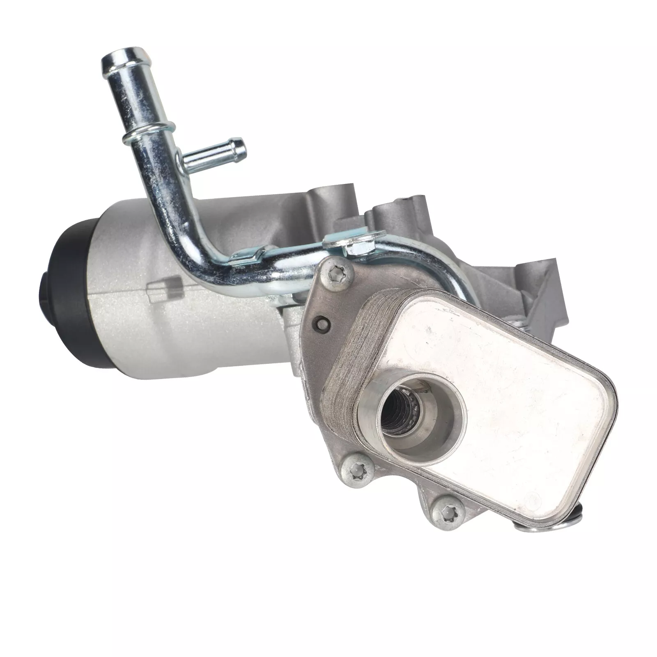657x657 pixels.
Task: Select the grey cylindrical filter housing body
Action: tap(164, 320)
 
